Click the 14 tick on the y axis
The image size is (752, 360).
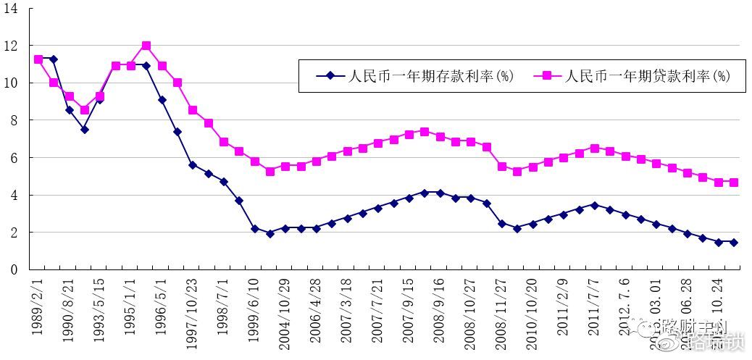point(14,8)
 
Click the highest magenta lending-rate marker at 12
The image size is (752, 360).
point(146,46)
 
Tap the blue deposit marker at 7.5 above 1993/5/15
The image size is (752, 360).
point(85,130)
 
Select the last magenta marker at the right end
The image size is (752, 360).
point(734,183)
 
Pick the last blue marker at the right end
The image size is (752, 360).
point(734,243)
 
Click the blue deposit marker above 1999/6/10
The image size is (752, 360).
point(254,228)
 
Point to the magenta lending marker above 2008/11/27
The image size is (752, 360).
point(501,167)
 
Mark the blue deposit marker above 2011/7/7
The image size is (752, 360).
point(594,205)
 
